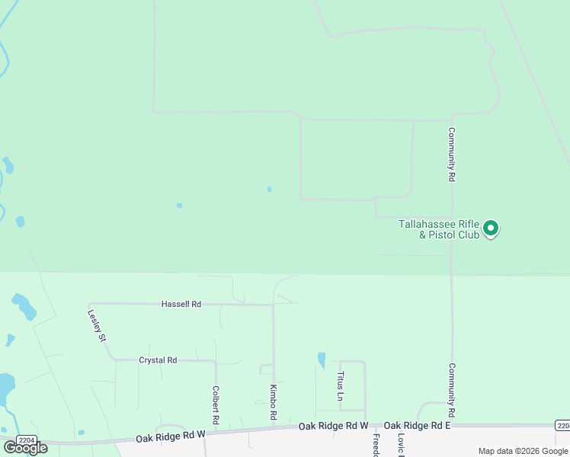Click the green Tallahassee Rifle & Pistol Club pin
[492, 228]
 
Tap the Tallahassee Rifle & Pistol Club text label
[439, 229]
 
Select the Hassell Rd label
[181, 304]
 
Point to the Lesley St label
[96, 324]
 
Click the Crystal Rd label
[158, 360]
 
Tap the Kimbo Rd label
[273, 402]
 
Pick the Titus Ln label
[341, 385]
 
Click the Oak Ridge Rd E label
[418, 425]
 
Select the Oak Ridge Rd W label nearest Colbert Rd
[171, 436]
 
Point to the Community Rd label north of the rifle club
[451, 154]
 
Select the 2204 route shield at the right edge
[562, 425]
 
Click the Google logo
[26, 448]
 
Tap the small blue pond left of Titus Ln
[322, 360]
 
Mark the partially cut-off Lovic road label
[400, 445]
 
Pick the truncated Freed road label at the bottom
[376, 445]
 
